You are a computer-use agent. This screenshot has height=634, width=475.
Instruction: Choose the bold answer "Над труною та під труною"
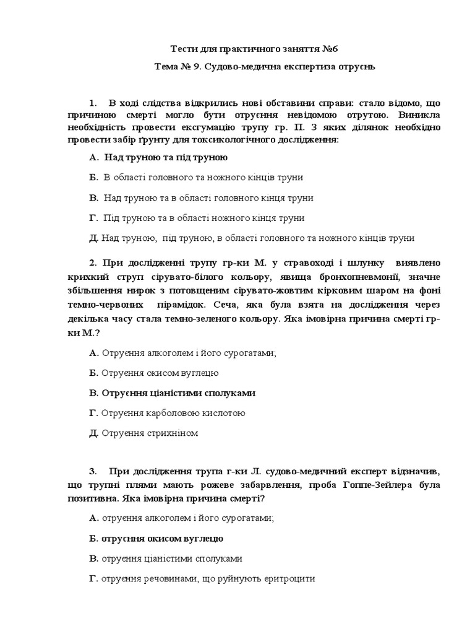coord(166,158)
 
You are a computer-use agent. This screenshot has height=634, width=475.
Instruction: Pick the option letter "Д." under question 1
coord(94,238)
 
